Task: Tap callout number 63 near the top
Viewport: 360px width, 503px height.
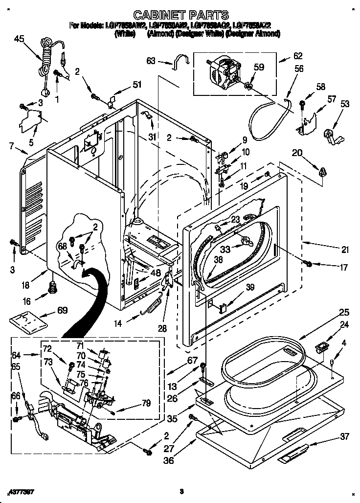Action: (151, 61)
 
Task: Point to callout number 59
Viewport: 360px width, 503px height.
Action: (259, 68)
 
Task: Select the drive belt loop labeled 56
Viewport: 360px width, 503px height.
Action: (267, 118)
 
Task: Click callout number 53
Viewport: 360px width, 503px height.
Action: (345, 104)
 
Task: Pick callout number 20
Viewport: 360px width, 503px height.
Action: (296, 153)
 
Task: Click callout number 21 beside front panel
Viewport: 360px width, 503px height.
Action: (345, 250)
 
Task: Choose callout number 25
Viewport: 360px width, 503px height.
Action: (344, 312)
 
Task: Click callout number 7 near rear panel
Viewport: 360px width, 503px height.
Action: (11, 145)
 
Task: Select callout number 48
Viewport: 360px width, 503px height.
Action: (156, 273)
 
